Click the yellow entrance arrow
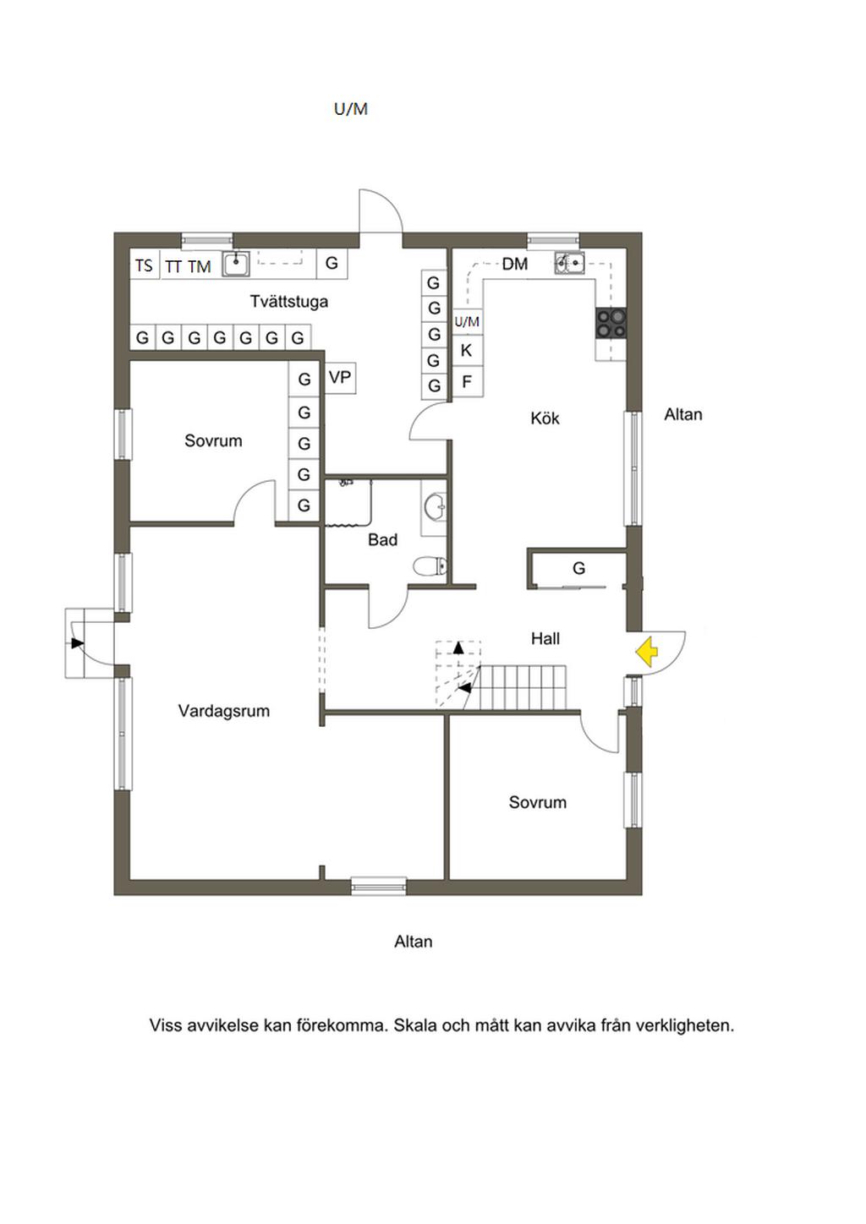point(647,652)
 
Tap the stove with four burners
point(611,323)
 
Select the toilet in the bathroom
point(430,566)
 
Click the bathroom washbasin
point(435,508)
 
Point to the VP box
point(340,378)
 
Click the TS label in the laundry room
point(144,265)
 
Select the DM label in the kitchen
point(514,264)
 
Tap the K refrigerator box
point(466,350)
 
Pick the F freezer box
point(466,382)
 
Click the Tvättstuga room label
point(289,302)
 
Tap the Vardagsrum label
point(224,711)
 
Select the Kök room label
point(545,418)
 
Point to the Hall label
point(545,639)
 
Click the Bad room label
point(382,540)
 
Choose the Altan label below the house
point(413,942)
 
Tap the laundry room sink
point(235,265)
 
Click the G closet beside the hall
point(579,568)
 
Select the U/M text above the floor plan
point(351,109)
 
